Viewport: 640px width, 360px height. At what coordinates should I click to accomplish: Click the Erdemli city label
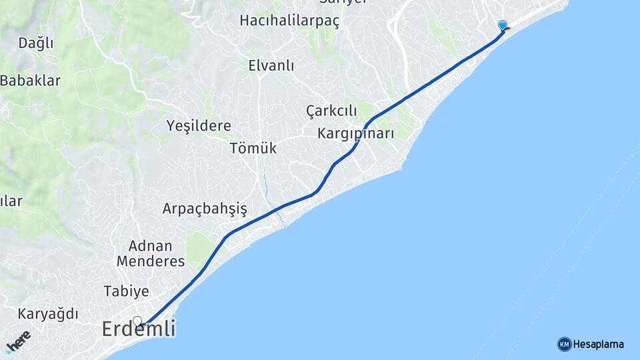[139, 329]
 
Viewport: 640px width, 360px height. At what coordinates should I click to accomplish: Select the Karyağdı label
[48, 313]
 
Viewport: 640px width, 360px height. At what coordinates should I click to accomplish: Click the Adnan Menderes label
[151, 253]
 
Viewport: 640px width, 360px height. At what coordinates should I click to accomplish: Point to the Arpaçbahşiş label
[205, 209]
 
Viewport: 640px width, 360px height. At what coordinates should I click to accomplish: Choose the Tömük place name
[253, 148]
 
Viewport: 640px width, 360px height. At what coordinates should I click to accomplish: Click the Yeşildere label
[199, 125]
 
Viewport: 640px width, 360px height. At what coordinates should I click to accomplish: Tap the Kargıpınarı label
[355, 133]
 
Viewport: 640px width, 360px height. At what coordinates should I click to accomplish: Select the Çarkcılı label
[332, 111]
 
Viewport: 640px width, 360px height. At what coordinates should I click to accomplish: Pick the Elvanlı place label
[271, 65]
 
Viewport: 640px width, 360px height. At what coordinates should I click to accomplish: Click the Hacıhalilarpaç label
[289, 21]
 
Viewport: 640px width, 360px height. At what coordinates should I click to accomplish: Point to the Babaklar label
[31, 81]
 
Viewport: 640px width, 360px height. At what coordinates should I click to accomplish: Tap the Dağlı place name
[35, 43]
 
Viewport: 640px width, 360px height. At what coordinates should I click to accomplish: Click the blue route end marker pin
[503, 25]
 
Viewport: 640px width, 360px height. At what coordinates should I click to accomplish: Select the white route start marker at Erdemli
[137, 321]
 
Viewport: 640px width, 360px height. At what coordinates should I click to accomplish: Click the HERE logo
[18, 341]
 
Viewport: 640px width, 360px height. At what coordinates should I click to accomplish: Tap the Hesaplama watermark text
[598, 344]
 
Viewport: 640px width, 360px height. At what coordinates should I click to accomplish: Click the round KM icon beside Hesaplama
[564, 344]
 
